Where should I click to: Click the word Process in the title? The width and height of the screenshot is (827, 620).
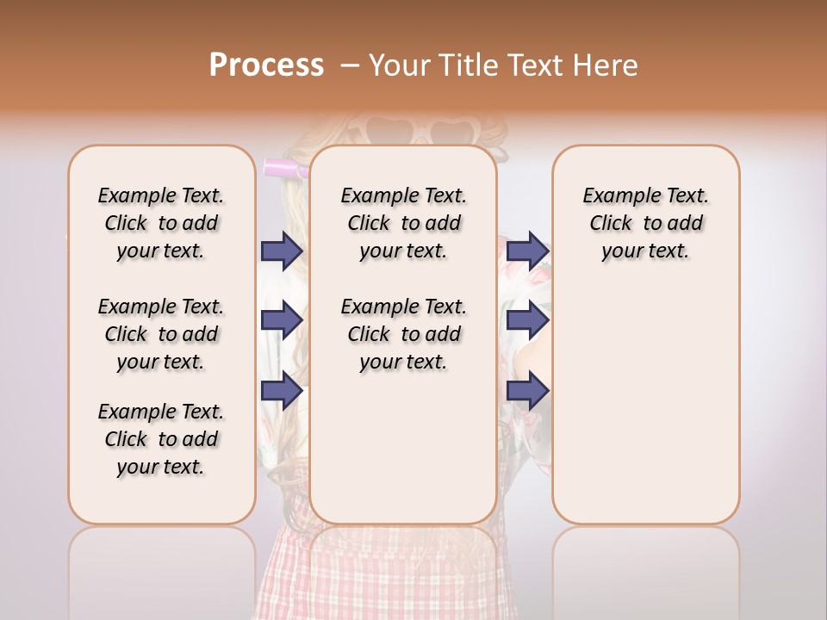(266, 65)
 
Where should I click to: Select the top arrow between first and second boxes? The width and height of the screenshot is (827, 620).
(281, 251)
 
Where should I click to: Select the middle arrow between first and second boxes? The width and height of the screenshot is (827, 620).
(281, 320)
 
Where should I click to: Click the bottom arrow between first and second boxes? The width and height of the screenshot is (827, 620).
(281, 391)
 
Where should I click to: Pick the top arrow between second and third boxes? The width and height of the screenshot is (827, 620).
(527, 251)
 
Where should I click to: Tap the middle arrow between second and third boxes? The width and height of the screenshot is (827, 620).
(527, 320)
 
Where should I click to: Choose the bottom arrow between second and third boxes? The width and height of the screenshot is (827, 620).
(527, 391)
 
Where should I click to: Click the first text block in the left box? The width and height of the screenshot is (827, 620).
(161, 223)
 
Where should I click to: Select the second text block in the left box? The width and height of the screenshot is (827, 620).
(161, 334)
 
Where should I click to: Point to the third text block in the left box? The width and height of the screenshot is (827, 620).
(161, 439)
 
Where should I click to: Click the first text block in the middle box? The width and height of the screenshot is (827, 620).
(403, 223)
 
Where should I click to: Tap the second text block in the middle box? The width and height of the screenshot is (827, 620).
(403, 334)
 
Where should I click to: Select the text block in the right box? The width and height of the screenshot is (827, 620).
(645, 223)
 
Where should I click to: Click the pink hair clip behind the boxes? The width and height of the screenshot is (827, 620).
(285, 169)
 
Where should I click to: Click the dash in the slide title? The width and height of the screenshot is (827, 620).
(349, 65)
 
